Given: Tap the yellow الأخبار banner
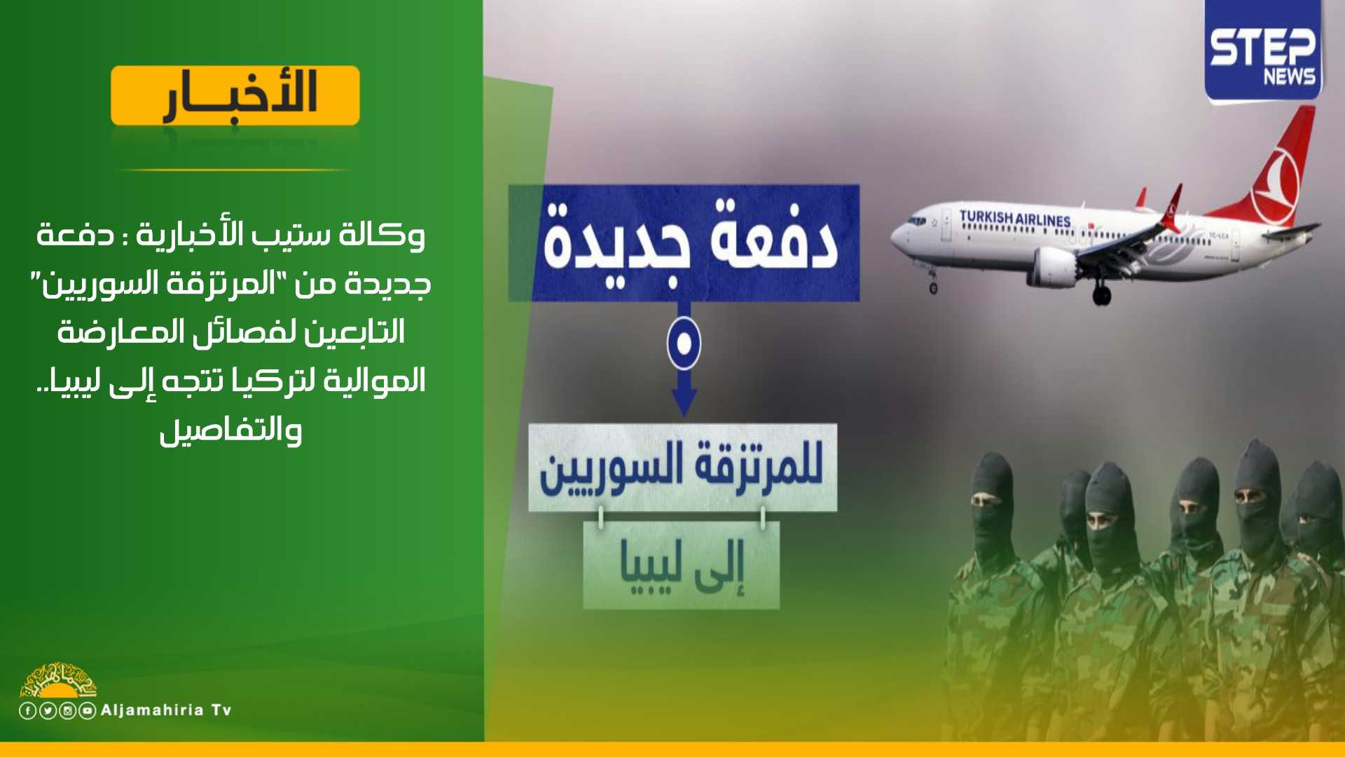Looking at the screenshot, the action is coord(235,96).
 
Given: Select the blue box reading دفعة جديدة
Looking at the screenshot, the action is coord(684,243).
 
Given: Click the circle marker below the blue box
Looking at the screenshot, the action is coord(684,343).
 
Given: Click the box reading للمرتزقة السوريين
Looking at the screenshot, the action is coord(682,468).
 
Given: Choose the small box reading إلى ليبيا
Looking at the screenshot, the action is coord(681,565).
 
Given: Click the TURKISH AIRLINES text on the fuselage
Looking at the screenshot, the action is coord(1015,218).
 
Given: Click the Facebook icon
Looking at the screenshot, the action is coord(27,711).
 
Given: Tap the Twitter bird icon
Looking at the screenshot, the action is coord(48,711).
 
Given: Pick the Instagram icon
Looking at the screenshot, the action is coord(67,711).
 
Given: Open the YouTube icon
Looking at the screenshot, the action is coord(87,711).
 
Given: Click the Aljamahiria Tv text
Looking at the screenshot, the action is coord(166,710).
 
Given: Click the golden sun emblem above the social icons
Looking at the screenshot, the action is coord(58,680).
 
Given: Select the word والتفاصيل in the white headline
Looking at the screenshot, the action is coord(230,428).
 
